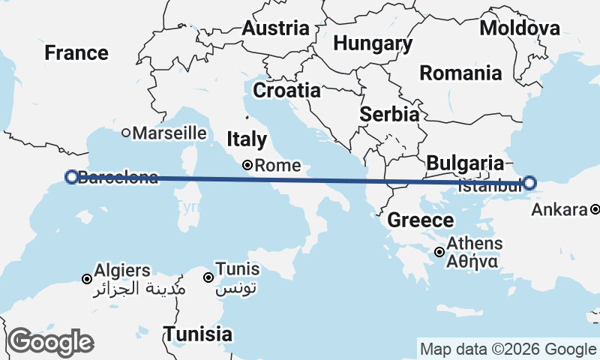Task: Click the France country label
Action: [x=76, y=53]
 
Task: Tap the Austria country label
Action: [x=275, y=28]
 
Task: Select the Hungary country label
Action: [x=373, y=43]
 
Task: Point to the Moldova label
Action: [x=520, y=28]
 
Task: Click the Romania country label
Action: [x=460, y=73]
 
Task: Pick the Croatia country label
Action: [x=286, y=91]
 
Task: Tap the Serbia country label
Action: [x=388, y=115]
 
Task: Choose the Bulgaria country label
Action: [x=464, y=163]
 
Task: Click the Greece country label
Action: [x=421, y=220]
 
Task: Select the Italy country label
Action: [x=247, y=139]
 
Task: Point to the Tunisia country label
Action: [x=198, y=334]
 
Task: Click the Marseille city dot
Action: [x=127, y=133]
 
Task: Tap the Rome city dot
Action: [x=247, y=166]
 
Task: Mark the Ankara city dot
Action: [x=594, y=210]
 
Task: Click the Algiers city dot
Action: [x=87, y=279]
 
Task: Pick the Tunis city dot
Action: [x=208, y=277]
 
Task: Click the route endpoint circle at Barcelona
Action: [x=71, y=177]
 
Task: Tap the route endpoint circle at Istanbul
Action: [x=529, y=182]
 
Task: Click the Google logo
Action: [x=51, y=342]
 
